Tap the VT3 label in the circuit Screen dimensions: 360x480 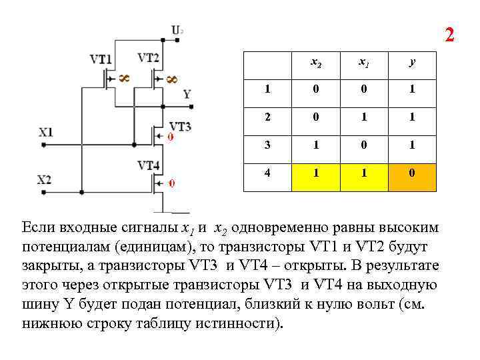click(180, 126)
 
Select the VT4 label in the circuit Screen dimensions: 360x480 click(148, 165)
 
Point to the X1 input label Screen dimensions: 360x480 click(45, 132)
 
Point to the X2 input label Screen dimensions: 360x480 click(44, 179)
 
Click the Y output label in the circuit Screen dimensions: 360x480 click(187, 94)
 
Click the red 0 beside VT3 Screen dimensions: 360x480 click(170, 137)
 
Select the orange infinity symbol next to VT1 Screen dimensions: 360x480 click(124, 79)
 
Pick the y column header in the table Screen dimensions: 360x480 click(413, 63)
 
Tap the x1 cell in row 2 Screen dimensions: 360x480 click(363, 117)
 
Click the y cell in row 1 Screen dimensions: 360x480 click(413, 89)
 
